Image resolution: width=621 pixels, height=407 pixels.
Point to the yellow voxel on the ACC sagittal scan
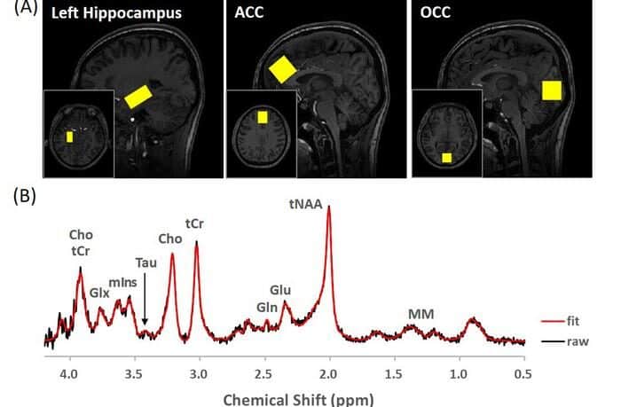coord(281,69)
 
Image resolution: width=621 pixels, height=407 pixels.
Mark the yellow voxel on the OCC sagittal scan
coord(552,90)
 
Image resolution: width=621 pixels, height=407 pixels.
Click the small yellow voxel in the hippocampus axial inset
coord(70,137)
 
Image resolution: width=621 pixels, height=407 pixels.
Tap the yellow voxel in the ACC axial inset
coord(262,117)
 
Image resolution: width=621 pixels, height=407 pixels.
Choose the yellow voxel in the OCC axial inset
coord(447,158)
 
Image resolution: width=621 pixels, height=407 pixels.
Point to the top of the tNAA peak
coord(329,207)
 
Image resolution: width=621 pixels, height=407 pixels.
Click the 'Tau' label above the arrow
coord(145,262)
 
